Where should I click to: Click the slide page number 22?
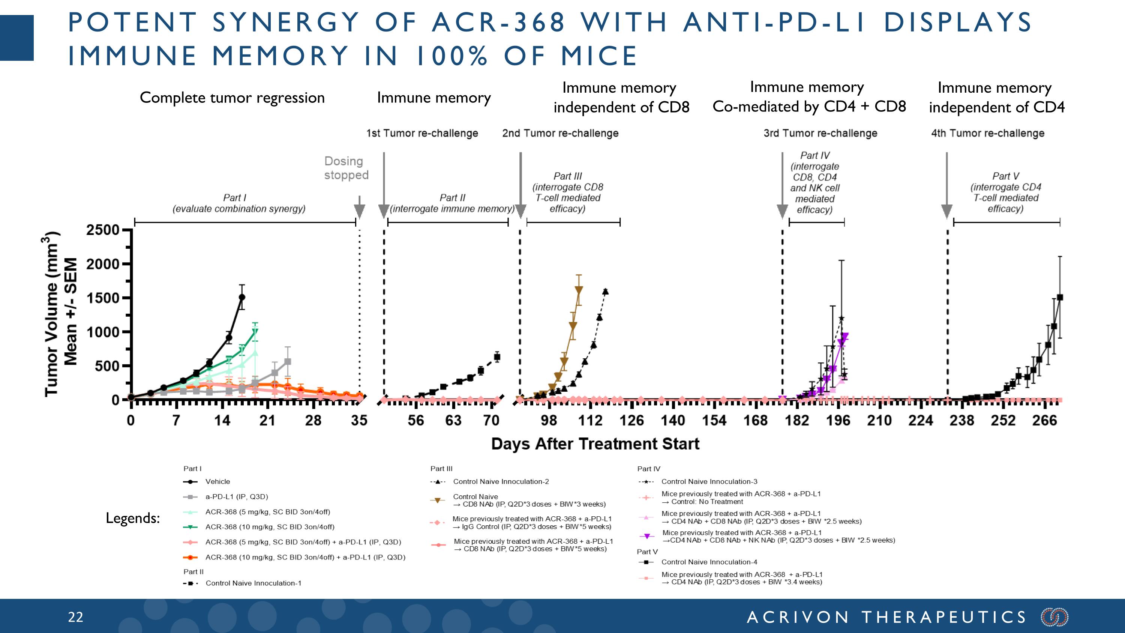click(x=75, y=617)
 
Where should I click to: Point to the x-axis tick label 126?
click(x=631, y=421)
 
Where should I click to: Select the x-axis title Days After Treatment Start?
click(x=595, y=444)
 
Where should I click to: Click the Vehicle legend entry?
click(x=217, y=481)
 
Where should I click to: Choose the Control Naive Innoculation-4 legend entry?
click(x=709, y=562)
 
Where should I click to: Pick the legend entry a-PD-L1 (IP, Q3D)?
click(x=236, y=497)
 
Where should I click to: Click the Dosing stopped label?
click(x=346, y=168)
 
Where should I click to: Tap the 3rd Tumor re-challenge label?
click(x=820, y=133)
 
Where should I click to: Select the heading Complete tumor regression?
click(x=232, y=98)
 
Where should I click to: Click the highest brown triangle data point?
click(x=579, y=290)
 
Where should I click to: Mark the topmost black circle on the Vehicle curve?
click(x=241, y=297)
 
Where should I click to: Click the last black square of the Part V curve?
click(x=1059, y=298)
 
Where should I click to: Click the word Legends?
click(x=133, y=518)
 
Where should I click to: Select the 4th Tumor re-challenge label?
click(x=987, y=133)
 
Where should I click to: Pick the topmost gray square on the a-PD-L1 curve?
click(x=287, y=362)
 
